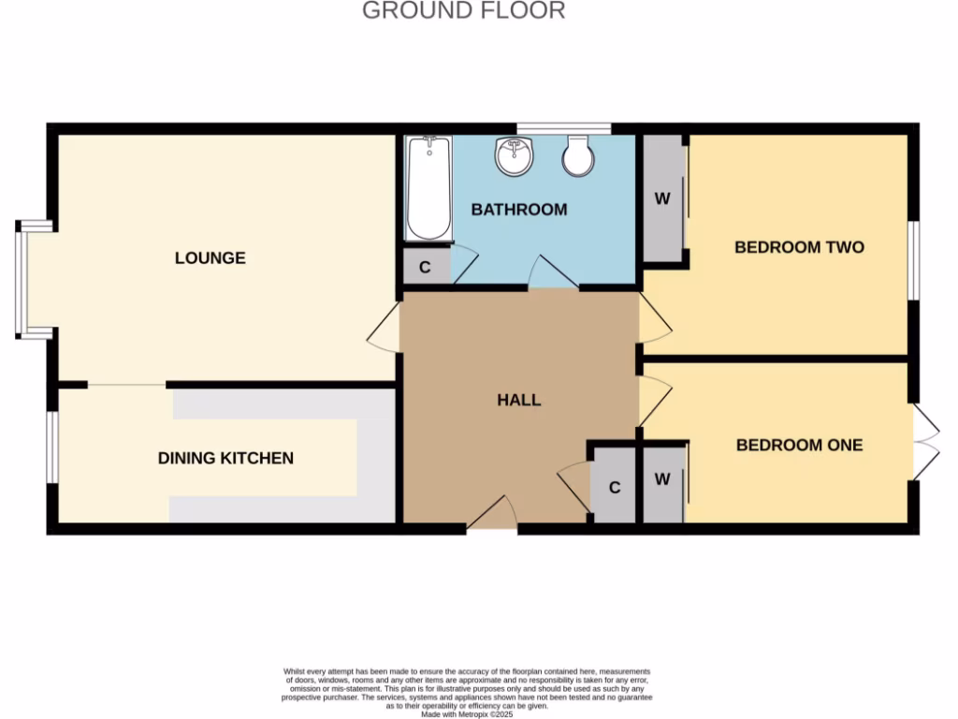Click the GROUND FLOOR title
[x=463, y=11]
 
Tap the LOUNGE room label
[x=210, y=257]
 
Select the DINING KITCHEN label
[x=225, y=458]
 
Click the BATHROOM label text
[x=518, y=210]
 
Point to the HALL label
[x=518, y=400]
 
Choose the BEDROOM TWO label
[x=798, y=247]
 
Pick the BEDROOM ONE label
[x=799, y=445]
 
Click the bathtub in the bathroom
[x=428, y=188]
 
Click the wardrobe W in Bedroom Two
[x=662, y=198]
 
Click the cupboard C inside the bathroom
[x=425, y=267]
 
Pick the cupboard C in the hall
[x=615, y=488]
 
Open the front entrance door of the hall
[x=492, y=515]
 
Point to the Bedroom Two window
[x=914, y=261]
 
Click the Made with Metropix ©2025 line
[x=467, y=714]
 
